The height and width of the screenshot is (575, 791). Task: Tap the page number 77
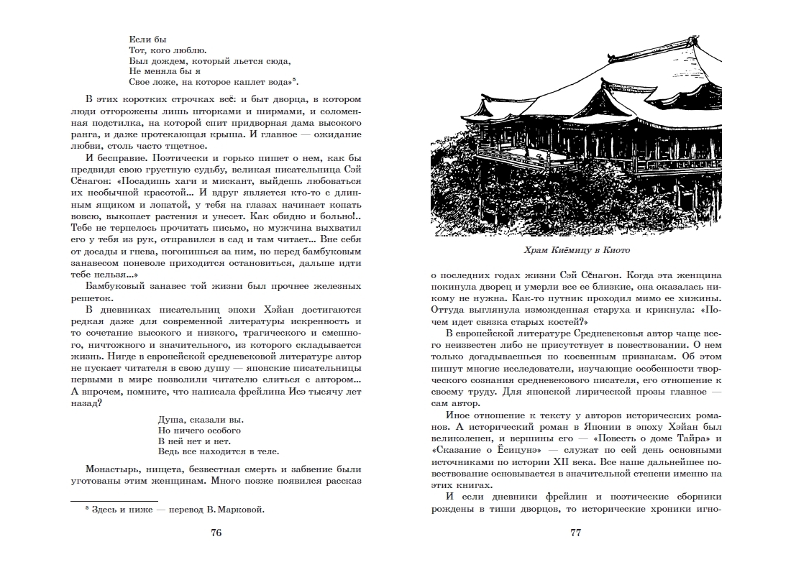click(575, 533)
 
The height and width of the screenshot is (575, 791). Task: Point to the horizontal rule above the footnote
click(114, 500)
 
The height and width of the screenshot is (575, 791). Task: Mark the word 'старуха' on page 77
click(598, 310)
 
